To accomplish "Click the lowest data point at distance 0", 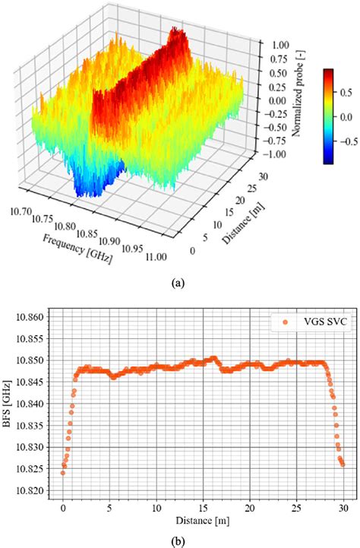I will point(63,473).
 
